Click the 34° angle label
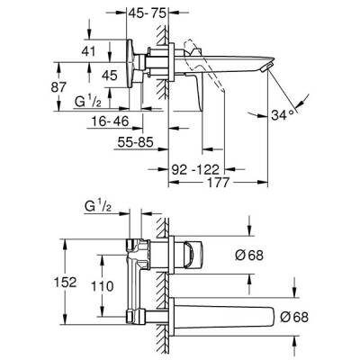(307, 115)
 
